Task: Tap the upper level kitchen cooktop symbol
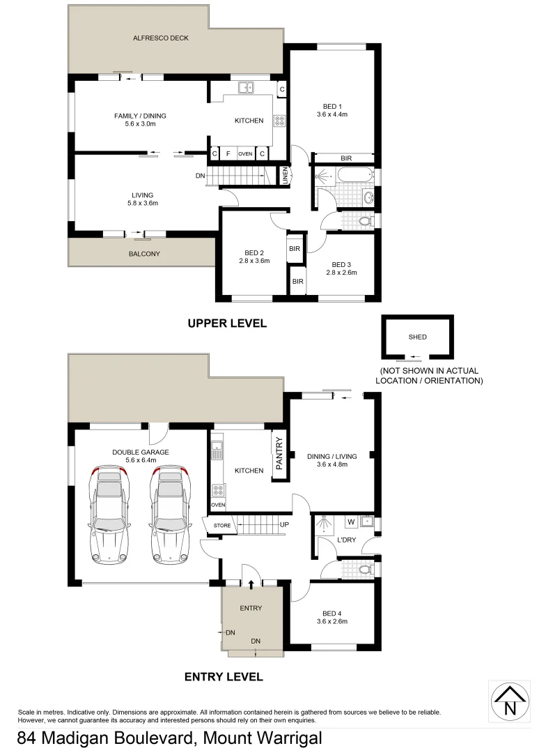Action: (x=279, y=121)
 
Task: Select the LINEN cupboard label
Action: (x=285, y=176)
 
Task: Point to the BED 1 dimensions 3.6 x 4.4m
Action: (x=331, y=114)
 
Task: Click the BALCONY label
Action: (x=144, y=254)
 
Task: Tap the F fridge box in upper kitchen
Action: (x=228, y=153)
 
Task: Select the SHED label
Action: (x=417, y=337)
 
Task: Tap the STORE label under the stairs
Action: (x=221, y=526)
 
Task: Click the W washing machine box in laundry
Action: (x=351, y=521)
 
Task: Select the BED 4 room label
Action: (x=331, y=613)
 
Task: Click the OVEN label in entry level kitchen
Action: (x=218, y=504)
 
